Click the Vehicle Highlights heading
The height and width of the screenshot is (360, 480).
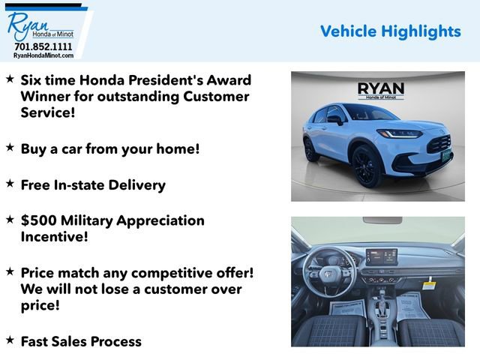click(390, 31)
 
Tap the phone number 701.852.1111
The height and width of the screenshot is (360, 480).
click(43, 46)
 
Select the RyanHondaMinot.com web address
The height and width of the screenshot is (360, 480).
click(43, 55)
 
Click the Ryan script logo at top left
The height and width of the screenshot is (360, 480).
click(27, 25)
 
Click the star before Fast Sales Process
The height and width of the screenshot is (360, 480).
click(10, 340)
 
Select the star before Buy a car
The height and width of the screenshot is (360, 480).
click(10, 147)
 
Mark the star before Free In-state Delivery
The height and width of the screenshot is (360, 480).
click(10, 183)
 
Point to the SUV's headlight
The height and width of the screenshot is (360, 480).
click(400, 134)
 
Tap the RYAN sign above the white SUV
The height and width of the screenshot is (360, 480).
click(380, 89)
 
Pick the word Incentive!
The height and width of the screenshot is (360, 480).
click(55, 237)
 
